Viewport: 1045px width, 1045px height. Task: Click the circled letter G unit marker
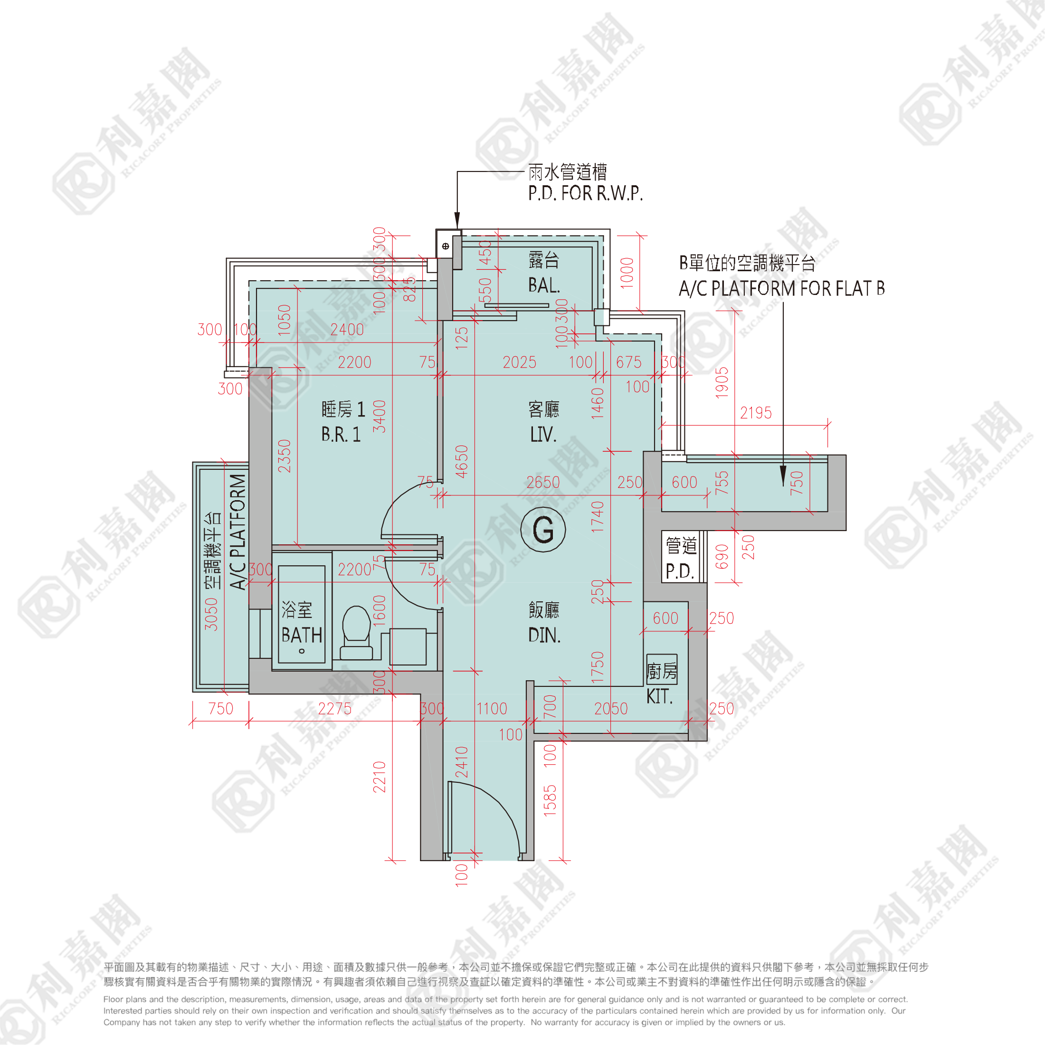click(x=543, y=530)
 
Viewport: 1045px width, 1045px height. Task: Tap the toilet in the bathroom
click(x=356, y=632)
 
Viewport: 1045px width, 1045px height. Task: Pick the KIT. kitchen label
click(x=659, y=696)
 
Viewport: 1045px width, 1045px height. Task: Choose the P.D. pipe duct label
click(x=679, y=570)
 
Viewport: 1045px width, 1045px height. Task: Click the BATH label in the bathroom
click(x=302, y=635)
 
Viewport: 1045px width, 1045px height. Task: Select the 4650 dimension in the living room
click(x=461, y=461)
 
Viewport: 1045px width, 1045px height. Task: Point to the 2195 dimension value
click(x=756, y=413)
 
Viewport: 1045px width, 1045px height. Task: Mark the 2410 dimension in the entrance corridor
click(x=461, y=761)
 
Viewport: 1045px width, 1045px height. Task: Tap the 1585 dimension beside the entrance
click(x=550, y=800)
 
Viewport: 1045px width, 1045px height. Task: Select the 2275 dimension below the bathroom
click(x=335, y=709)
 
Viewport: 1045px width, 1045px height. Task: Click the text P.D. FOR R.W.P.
click(x=586, y=193)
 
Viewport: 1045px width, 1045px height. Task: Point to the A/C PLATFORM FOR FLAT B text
click(x=781, y=288)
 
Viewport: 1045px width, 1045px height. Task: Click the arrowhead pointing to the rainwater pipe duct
click(x=457, y=222)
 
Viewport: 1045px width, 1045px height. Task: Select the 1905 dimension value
click(x=722, y=383)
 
